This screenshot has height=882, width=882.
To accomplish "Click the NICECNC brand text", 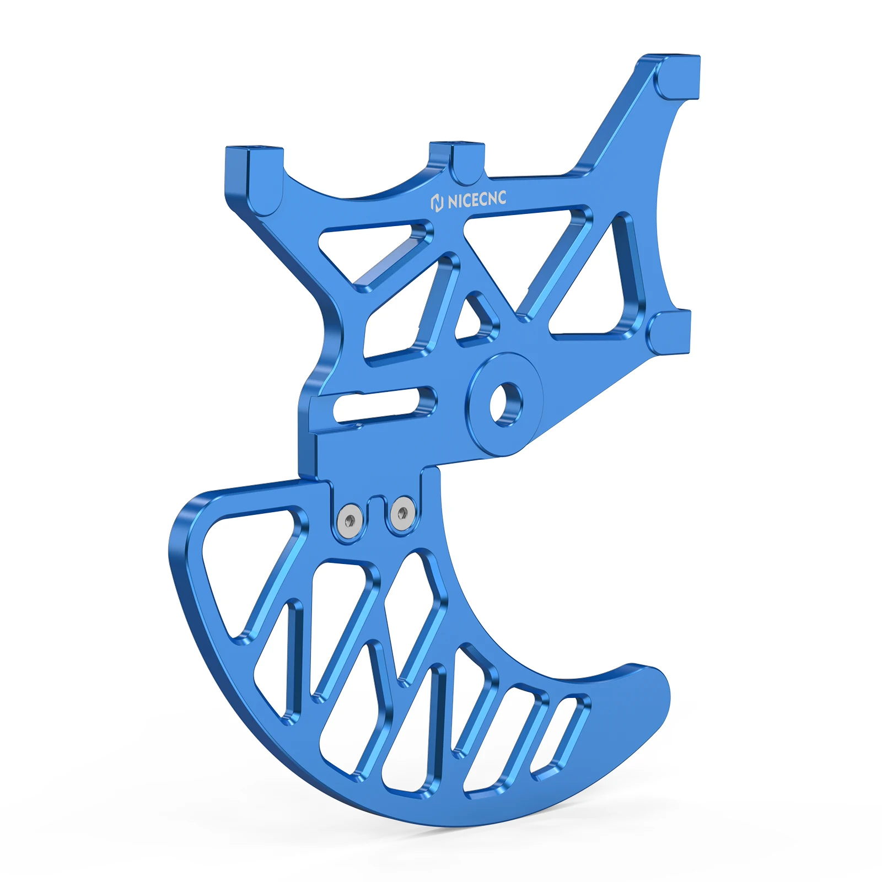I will point(476,200).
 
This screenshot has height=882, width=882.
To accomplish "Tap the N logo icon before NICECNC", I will point(437,203).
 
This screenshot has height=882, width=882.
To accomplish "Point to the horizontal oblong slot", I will point(384,405).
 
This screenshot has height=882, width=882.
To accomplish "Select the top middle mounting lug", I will point(458,160).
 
